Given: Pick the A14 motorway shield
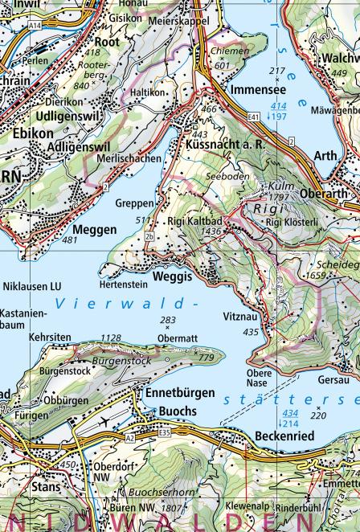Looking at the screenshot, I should [35, 26].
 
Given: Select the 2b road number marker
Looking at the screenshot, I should [149, 237].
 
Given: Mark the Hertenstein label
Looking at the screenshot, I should [122, 284].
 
